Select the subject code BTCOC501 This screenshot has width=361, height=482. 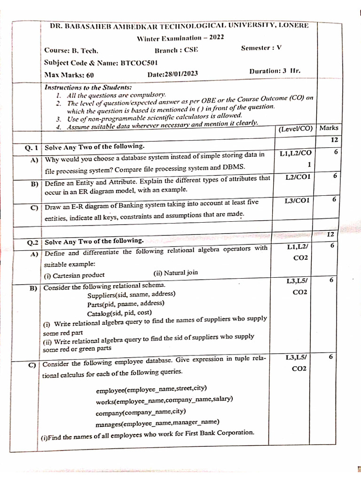139,62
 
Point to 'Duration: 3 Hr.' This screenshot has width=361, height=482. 275,71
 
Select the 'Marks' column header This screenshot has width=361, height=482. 329,128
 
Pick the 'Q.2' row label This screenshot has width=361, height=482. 32,243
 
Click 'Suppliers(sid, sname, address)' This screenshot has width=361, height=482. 131,295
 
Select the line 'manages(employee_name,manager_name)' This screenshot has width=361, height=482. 157,423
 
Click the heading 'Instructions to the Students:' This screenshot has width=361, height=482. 88,87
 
